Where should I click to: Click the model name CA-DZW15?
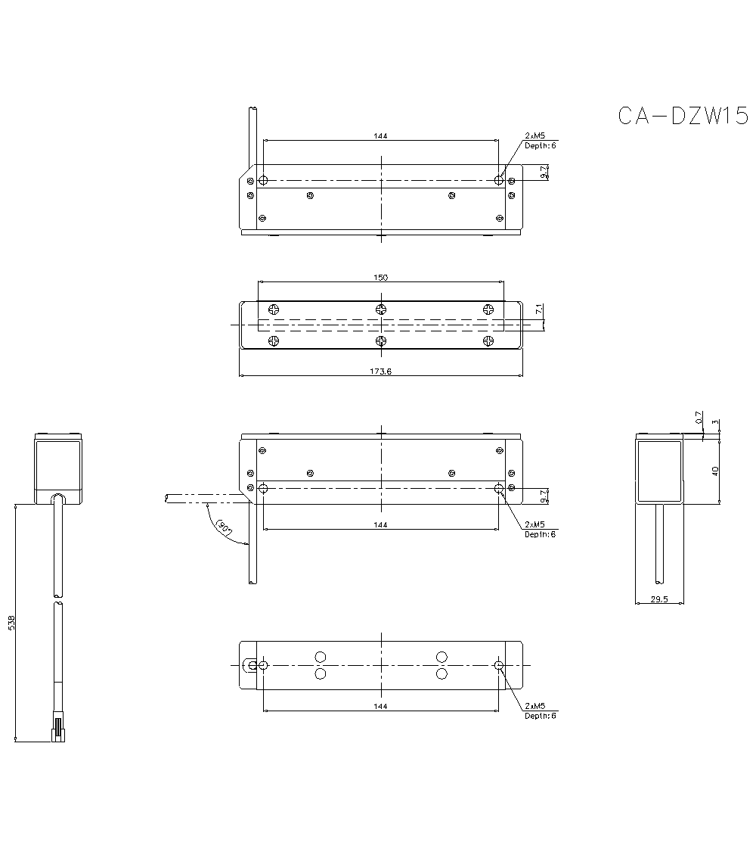(683, 116)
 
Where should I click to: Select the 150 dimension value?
(380, 278)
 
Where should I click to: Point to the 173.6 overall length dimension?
(380, 372)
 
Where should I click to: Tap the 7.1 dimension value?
(538, 309)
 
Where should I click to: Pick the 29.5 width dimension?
(659, 599)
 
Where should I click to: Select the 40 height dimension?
(715, 470)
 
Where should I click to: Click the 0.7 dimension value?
(699, 417)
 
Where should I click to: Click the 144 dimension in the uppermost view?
(380, 136)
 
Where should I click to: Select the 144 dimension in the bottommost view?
(380, 706)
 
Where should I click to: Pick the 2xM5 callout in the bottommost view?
(535, 706)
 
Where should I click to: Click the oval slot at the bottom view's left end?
(251, 665)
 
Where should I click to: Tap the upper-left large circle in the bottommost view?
(321, 656)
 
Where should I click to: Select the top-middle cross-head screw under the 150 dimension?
(381, 309)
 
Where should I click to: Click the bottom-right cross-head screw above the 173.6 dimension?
(488, 341)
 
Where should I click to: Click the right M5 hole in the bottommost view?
(498, 665)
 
